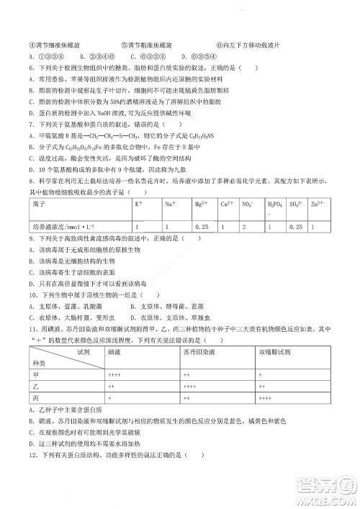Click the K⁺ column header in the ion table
pyautogui.click(x=138, y=205)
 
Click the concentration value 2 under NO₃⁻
pyautogui.click(x=246, y=228)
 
